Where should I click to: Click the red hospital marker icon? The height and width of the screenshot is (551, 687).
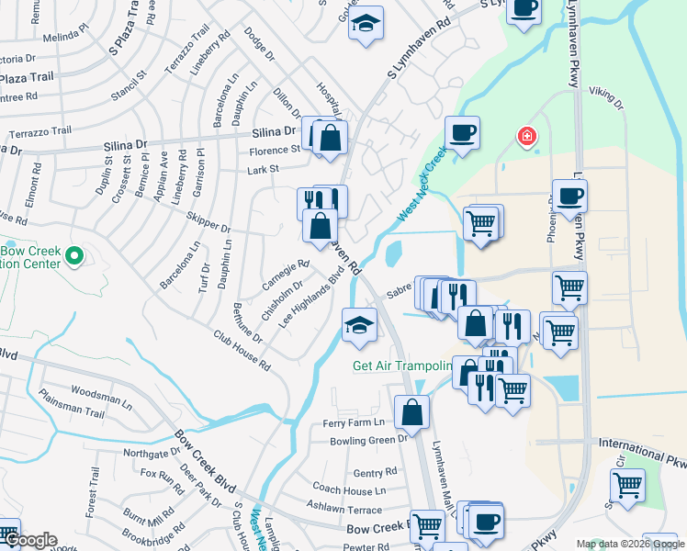click(x=527, y=138)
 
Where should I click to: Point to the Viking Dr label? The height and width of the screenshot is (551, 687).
click(x=605, y=98)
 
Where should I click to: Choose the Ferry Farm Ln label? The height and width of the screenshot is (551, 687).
click(x=353, y=423)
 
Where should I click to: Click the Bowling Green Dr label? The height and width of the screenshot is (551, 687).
click(x=367, y=441)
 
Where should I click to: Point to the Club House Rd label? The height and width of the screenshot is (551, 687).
click(x=242, y=350)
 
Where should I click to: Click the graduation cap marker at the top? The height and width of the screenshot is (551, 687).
click(x=366, y=24)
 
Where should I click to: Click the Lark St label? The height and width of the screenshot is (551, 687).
click(x=263, y=169)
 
